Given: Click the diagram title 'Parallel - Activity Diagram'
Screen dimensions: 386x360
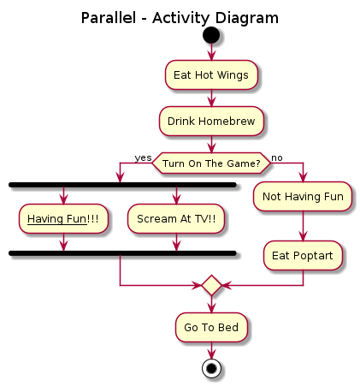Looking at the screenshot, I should tap(180, 18).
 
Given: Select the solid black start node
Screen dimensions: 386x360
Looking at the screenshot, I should tap(211, 37).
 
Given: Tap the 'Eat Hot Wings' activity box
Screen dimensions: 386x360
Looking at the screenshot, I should tap(211, 74).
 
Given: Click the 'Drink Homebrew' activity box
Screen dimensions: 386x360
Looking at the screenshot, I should tap(211, 121).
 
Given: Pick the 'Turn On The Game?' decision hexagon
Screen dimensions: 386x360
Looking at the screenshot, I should tap(211, 163).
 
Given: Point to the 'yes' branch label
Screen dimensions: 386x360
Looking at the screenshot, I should tap(142, 157).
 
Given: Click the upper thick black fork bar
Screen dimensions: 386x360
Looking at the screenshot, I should tap(121, 185).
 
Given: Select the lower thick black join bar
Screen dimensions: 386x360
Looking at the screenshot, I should tap(121, 253).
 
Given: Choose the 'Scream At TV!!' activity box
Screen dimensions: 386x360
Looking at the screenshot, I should tap(176, 219).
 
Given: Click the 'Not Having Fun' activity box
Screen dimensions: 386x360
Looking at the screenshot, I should tap(303, 196).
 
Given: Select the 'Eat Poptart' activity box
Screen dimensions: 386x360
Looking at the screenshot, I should tap(303, 254).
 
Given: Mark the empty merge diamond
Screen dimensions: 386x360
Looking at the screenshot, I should tap(211, 285).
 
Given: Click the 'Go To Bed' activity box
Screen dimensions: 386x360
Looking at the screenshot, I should tap(211, 326).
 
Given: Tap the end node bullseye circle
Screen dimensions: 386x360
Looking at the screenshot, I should tap(211, 368).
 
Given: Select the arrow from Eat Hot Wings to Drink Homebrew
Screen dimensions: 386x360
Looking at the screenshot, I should tap(211, 98).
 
